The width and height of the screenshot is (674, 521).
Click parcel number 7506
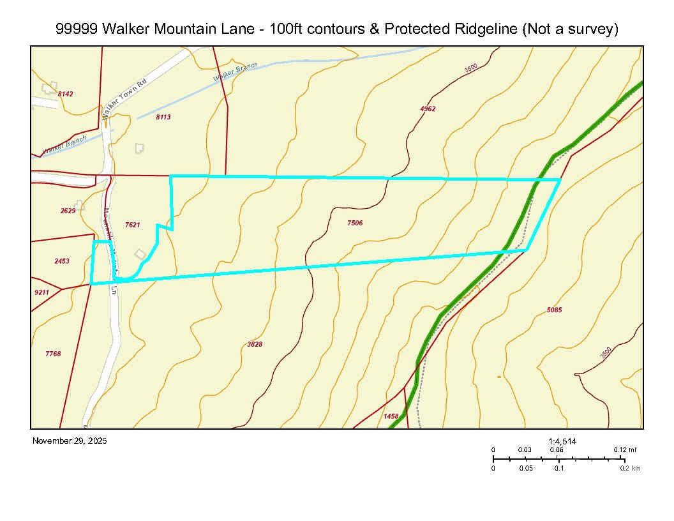(x=355, y=223)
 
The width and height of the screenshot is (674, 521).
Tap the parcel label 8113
(x=163, y=117)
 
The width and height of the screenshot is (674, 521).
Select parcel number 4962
(x=428, y=109)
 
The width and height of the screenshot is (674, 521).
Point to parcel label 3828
(x=255, y=344)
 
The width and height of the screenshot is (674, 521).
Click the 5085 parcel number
(x=555, y=310)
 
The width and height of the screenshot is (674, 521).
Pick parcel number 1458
(x=391, y=416)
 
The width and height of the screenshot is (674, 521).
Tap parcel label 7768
(x=53, y=354)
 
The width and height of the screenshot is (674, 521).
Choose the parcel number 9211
(x=41, y=292)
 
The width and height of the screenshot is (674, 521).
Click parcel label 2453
(x=62, y=260)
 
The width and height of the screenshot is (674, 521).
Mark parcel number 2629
(x=68, y=211)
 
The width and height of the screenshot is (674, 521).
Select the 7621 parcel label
(x=132, y=224)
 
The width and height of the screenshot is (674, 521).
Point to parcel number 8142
(x=65, y=94)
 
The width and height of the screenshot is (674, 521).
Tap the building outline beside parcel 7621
(x=140, y=253)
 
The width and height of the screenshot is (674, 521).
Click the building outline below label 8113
(x=139, y=148)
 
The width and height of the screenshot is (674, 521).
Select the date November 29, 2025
(x=70, y=441)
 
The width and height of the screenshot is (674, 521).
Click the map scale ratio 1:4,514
(x=562, y=441)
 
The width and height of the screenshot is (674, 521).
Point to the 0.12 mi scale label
(x=625, y=449)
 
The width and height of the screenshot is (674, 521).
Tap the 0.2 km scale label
(x=631, y=469)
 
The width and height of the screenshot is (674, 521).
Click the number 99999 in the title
(x=76, y=29)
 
